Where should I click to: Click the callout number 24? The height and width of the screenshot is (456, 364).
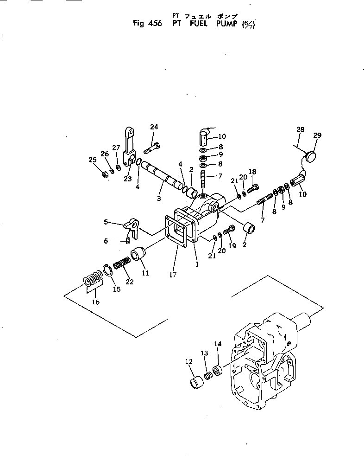(154, 127)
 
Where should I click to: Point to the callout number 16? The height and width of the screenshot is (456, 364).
(95, 302)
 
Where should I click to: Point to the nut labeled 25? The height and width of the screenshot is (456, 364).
(105, 174)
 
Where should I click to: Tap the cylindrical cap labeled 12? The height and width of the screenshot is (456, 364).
(198, 384)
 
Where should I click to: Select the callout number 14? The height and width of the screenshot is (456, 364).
(218, 343)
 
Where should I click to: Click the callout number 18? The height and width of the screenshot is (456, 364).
(253, 172)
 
